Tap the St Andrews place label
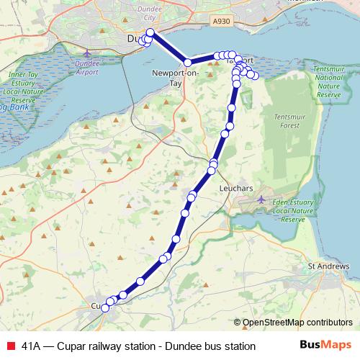point(329,266)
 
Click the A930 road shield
point(222,23)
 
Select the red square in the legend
point(10,346)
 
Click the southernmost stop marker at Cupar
point(105,308)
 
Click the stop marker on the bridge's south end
point(187,63)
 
